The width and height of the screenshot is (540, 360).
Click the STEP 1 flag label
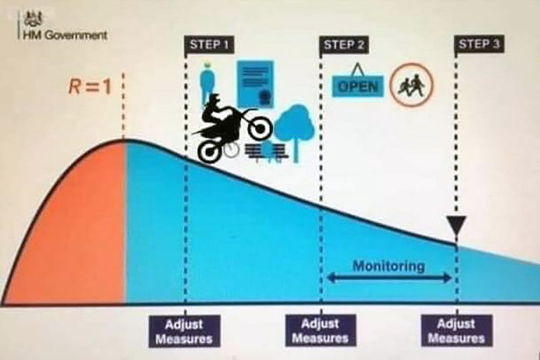click(x=209, y=45)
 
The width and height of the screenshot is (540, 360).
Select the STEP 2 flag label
click(x=344, y=45)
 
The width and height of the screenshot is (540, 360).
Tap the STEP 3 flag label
click(x=479, y=44)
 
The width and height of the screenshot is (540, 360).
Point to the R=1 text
click(x=90, y=86)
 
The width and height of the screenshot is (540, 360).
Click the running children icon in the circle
click(x=412, y=84)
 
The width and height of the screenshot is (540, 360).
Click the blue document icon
click(x=255, y=84)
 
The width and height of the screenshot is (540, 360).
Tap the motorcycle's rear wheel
click(x=210, y=151)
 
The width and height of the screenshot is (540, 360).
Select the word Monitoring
click(x=389, y=266)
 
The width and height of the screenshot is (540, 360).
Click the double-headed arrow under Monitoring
click(x=389, y=278)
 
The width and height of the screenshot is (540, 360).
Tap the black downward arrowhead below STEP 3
click(x=456, y=225)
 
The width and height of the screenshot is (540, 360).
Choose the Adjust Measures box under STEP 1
click(x=184, y=331)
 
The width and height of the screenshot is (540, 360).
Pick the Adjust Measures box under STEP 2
click(x=321, y=330)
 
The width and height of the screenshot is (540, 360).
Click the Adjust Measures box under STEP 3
click(x=457, y=330)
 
